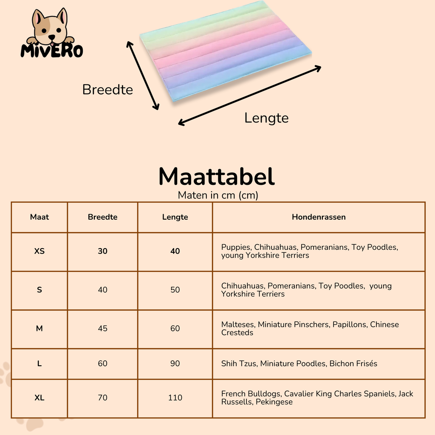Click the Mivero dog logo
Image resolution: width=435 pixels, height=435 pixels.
51,33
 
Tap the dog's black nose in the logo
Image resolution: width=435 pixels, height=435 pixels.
51,37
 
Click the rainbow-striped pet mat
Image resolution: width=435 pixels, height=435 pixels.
226,51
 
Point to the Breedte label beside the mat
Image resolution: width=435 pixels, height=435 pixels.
107,90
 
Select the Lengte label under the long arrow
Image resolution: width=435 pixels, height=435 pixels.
266,118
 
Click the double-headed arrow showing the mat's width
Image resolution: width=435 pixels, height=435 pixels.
143,76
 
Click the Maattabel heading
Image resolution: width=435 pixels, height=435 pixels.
217,176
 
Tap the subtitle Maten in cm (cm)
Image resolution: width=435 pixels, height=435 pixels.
218,195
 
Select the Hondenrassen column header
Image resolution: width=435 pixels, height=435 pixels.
319,217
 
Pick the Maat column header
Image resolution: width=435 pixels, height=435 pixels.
40,217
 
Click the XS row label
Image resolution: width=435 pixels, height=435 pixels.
40,251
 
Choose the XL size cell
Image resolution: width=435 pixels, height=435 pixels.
40,398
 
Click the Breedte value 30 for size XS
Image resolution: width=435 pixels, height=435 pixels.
103,251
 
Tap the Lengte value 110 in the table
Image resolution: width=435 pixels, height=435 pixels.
175,398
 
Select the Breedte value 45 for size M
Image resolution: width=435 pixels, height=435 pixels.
103,328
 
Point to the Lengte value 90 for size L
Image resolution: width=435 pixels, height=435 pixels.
175,364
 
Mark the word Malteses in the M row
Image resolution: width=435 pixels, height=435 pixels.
239,324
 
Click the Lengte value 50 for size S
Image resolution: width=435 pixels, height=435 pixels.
175,290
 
